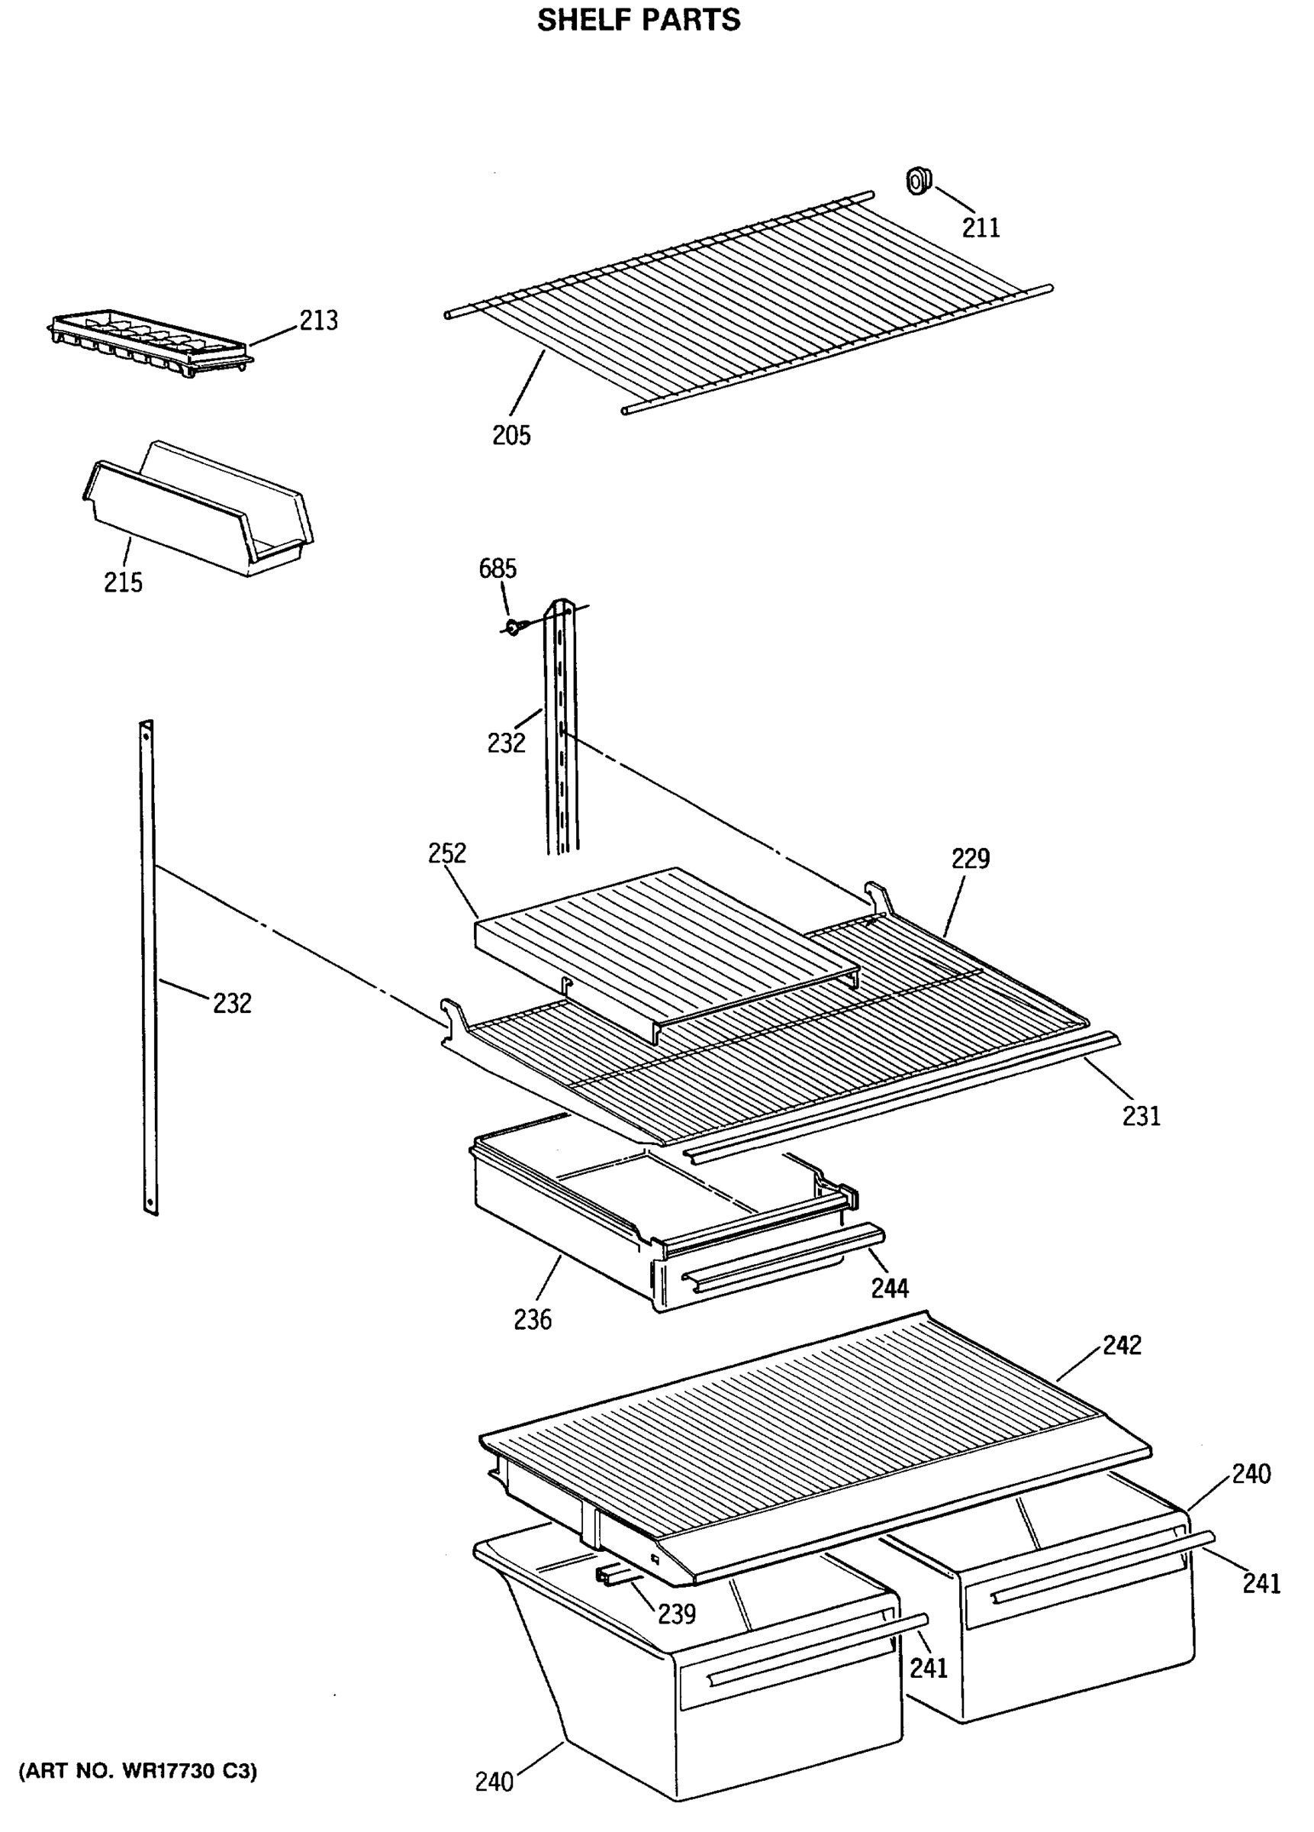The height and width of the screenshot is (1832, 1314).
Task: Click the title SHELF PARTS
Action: (638, 20)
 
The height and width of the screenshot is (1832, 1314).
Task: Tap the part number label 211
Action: (981, 227)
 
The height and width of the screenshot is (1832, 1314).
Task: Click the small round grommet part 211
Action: (917, 181)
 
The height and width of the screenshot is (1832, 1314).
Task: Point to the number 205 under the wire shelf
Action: (511, 435)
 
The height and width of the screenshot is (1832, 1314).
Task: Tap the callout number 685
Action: (498, 569)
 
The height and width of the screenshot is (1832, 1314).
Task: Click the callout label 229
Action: (970, 858)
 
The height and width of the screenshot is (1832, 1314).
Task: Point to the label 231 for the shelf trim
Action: (1140, 1116)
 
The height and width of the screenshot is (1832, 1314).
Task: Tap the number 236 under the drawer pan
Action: (532, 1320)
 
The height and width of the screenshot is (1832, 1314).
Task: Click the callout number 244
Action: (889, 1288)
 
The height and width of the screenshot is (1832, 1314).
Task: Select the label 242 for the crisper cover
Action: (1122, 1345)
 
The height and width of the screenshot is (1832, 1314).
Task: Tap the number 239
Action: (676, 1613)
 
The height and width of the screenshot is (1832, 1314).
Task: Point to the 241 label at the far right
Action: (1261, 1583)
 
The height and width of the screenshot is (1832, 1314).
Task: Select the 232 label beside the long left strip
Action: (232, 1003)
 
